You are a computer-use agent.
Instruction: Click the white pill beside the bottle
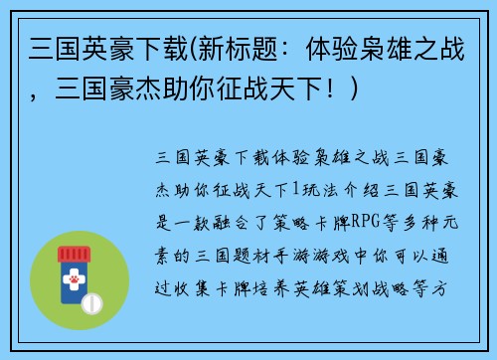[92, 301]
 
